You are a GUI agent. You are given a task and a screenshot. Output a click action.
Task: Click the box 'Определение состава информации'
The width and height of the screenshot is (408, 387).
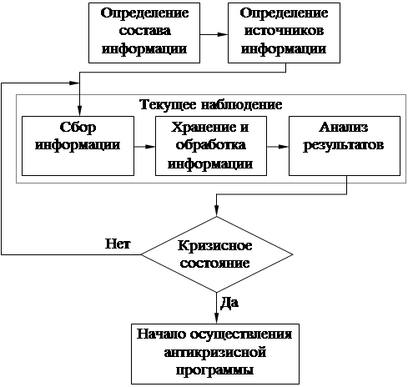144,33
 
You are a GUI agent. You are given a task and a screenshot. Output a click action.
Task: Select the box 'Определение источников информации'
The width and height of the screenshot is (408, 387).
284,33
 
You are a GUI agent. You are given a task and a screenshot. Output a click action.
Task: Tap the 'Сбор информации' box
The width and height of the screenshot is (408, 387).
78,146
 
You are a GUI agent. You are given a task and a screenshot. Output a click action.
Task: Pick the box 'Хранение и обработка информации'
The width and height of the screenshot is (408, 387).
211,146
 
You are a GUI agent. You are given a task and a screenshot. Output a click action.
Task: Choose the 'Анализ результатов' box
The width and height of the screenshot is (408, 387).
345,146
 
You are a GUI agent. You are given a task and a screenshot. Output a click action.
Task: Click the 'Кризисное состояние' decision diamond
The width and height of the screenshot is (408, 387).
217,254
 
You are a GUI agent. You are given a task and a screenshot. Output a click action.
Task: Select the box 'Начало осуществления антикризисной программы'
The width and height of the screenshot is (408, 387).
215,354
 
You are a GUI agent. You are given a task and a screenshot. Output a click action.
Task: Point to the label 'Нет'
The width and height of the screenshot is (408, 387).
118,244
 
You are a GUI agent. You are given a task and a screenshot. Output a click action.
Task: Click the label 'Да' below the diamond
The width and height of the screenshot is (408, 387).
229,303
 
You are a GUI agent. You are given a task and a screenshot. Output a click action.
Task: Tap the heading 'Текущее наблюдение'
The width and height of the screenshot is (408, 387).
211,105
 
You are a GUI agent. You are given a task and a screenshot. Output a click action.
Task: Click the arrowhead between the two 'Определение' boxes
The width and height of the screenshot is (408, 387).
223,34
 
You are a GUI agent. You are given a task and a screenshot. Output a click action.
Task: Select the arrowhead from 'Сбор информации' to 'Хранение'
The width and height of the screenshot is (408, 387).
150,147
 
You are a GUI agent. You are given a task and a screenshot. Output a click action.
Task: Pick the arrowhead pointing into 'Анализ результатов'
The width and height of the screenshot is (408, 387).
284,147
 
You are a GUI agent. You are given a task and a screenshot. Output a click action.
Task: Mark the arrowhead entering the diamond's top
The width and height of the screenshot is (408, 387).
217,211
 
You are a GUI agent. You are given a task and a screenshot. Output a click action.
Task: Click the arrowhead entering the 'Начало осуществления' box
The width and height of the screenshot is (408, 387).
217,319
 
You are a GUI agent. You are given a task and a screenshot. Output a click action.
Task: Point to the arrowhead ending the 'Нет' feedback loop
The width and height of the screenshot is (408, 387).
74,83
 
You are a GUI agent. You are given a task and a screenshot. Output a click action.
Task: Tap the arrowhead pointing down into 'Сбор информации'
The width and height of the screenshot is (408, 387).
80,111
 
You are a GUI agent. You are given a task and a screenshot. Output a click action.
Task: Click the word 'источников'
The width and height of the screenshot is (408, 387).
284,31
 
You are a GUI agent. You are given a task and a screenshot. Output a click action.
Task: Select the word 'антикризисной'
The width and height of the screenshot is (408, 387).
215,353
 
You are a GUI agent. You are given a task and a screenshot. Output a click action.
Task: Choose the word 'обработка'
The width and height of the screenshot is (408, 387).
211,145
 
